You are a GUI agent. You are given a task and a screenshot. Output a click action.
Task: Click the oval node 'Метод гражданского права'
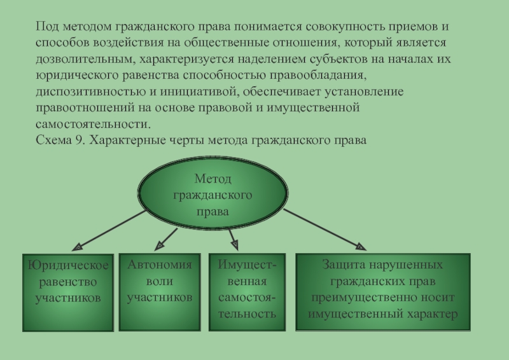[x=213, y=193]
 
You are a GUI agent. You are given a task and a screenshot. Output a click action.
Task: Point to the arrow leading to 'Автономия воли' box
[x=167, y=238]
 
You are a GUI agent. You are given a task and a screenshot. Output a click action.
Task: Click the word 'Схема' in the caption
[x=53, y=139]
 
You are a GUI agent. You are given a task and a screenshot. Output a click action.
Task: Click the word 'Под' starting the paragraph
[x=46, y=28]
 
